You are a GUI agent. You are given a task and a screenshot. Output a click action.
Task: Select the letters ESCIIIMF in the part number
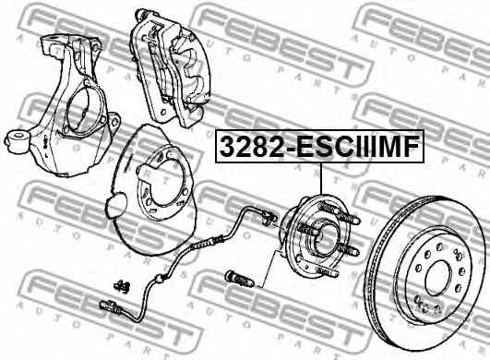click(x=353, y=146)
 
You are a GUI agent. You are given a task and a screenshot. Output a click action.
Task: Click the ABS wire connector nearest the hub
click(x=268, y=218)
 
